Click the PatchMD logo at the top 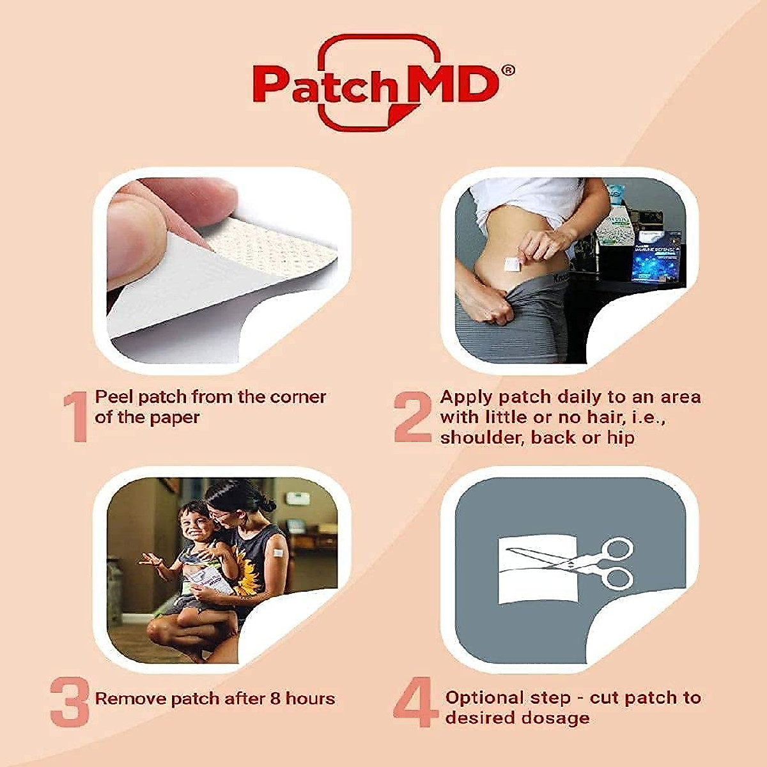tap(377, 83)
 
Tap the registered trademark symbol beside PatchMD tap(508, 70)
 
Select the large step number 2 tap(413, 417)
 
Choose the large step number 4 tap(416, 702)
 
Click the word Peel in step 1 tap(114, 398)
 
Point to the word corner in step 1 tap(298, 397)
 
